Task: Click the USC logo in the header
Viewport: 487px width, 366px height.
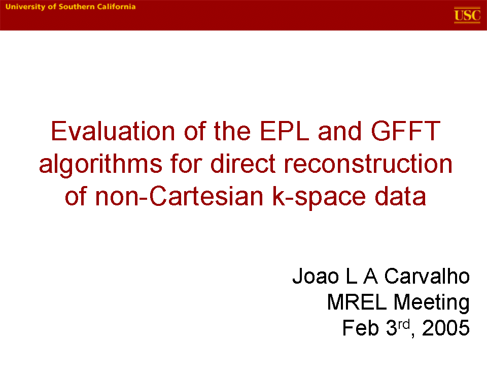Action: pyautogui.click(x=467, y=15)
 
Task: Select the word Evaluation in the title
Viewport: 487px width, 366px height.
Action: pyautogui.click(x=113, y=131)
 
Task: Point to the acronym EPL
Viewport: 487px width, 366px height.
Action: pyautogui.click(x=285, y=131)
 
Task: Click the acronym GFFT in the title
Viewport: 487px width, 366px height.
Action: pyautogui.click(x=406, y=131)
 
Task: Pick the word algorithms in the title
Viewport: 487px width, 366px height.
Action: pyautogui.click(x=100, y=164)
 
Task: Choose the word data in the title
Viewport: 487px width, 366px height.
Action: pyautogui.click(x=400, y=196)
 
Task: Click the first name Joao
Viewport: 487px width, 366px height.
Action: pyautogui.click(x=316, y=276)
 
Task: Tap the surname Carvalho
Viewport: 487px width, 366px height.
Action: pyautogui.click(x=427, y=276)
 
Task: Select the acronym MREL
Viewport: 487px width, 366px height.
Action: pyautogui.click(x=357, y=302)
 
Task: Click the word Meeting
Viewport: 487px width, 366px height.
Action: pyautogui.click(x=431, y=303)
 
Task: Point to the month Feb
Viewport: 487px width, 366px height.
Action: pyautogui.click(x=361, y=328)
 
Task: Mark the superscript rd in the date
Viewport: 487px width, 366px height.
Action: pyautogui.click(x=404, y=325)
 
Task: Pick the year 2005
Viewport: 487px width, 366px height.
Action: pyautogui.click(x=446, y=328)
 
